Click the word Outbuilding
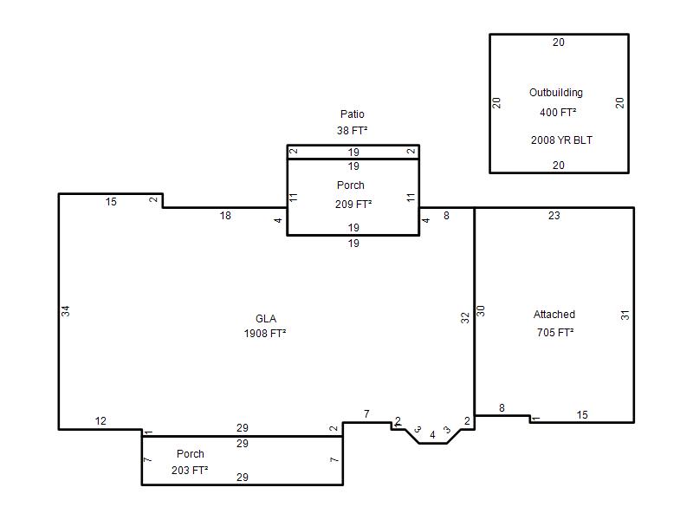556,93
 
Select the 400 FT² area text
558,113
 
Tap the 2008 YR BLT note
561,140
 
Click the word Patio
353,114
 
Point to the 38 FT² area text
352,131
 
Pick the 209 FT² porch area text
353,205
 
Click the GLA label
266,318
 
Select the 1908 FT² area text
265,334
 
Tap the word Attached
554,315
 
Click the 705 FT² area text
555,333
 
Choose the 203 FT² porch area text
190,470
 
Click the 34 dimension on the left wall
66,311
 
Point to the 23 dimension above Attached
554,215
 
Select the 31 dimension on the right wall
625,315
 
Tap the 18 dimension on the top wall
225,215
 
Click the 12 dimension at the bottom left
100,421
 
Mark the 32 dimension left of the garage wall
465,317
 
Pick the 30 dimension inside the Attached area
481,311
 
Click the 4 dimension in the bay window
432,435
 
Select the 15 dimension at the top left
111,202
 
